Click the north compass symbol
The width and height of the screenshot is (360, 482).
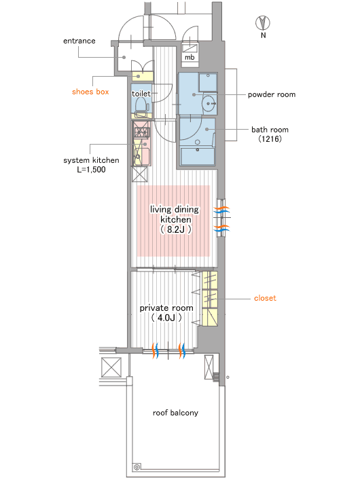coord(263,23)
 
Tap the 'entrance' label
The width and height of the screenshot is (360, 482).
coord(79,41)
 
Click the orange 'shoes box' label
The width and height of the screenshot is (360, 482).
coord(90,92)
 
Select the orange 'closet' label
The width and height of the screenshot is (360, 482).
coord(265,298)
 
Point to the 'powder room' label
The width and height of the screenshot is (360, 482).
coord(272,94)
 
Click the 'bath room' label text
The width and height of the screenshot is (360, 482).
coord(270,130)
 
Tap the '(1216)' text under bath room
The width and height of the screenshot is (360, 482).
coord(270,139)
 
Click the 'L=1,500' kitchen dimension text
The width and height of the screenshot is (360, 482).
coord(92,170)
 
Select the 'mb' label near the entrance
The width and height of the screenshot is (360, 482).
coord(190,58)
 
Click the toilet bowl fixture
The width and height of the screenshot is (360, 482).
coord(141,105)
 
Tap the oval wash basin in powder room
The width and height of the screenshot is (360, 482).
coord(209,104)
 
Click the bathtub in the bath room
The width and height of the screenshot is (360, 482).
coord(197,157)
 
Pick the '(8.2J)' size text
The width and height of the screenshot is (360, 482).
coord(176,229)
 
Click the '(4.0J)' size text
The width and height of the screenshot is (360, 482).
coord(166,318)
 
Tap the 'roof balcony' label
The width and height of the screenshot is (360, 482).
coord(175,413)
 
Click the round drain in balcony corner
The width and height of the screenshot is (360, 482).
coord(137,467)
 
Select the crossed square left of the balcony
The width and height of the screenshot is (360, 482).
coord(111,367)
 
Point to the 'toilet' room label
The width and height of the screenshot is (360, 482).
coord(141,94)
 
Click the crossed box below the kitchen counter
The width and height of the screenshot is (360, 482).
coord(140,174)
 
